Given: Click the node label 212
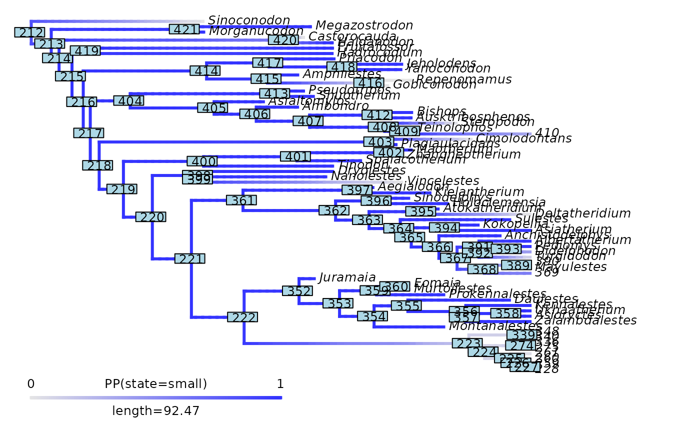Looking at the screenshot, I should (x=29, y=33).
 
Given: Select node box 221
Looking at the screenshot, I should (x=189, y=259).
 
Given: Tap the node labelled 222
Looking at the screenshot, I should (x=242, y=317).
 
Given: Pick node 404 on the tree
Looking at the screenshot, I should (x=128, y=100).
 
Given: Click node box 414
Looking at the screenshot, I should (x=205, y=71).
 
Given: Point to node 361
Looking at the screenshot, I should (x=241, y=200).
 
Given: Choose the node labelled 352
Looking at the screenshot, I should (x=297, y=291).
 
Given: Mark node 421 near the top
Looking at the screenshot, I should (x=184, y=29).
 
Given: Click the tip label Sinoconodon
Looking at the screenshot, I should (x=249, y=20).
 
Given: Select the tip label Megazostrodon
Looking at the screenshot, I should (x=364, y=25).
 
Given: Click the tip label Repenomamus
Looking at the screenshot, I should (x=463, y=79).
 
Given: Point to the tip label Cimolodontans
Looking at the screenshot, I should (x=523, y=138).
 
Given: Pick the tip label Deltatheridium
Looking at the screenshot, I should (x=582, y=213).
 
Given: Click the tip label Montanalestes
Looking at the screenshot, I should (x=495, y=326).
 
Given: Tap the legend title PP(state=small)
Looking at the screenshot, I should (x=156, y=384).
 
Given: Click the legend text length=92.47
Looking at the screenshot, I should (x=156, y=411).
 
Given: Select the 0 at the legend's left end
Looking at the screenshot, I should (x=31, y=384).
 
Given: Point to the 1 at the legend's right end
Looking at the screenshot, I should (x=280, y=384).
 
